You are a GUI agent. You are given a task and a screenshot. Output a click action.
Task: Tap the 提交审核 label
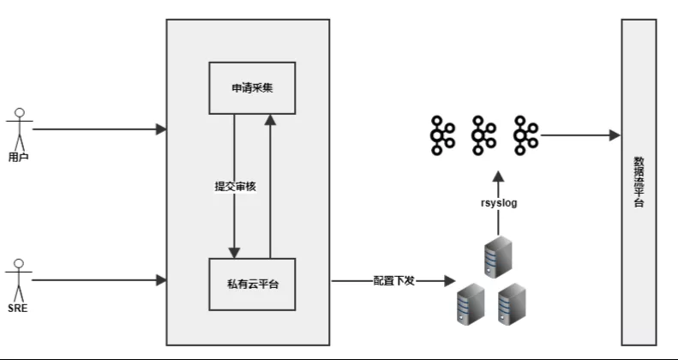[x=236, y=186]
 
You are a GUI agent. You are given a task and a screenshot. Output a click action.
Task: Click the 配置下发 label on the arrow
[x=394, y=281]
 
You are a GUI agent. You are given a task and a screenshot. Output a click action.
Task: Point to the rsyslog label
[x=499, y=202]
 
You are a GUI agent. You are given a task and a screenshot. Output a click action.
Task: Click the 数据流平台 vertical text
[x=639, y=182]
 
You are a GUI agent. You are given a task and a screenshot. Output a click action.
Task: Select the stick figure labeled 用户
[x=19, y=129]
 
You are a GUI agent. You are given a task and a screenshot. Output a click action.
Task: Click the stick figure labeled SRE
[x=19, y=280]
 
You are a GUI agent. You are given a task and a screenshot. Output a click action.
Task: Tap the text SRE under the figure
[x=18, y=308]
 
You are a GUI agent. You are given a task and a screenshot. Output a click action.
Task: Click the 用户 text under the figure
[x=19, y=157]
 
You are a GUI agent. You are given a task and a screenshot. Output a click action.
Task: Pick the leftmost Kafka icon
[x=442, y=135]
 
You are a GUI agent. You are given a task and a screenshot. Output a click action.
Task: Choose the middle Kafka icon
[x=483, y=135]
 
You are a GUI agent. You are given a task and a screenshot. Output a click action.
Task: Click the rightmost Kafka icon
[x=525, y=135]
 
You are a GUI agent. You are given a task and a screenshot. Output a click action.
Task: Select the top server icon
[x=498, y=256]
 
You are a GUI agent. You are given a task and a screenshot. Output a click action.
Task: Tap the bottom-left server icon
[x=471, y=303]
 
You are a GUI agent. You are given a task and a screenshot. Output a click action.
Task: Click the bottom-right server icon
[x=512, y=303]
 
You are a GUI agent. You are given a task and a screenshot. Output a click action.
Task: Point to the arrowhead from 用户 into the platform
[x=161, y=129]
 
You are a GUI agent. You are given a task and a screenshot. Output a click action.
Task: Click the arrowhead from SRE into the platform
[x=161, y=280]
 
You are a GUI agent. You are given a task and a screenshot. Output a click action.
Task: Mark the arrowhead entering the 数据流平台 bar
[x=615, y=135]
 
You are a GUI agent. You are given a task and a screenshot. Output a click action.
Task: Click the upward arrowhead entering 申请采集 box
[x=270, y=120]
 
